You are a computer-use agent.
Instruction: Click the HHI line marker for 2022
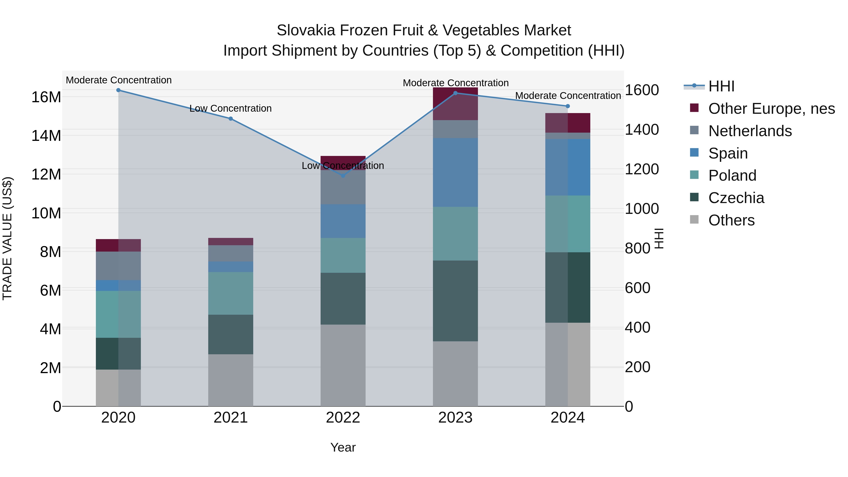(343, 175)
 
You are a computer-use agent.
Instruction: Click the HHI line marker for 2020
(118, 90)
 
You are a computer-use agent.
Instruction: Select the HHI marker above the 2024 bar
(567, 106)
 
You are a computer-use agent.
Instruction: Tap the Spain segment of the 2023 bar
(455, 172)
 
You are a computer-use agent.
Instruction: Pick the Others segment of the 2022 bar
(343, 365)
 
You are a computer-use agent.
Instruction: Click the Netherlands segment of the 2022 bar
(343, 187)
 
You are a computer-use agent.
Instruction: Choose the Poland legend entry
(732, 175)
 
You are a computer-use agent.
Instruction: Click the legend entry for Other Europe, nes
(771, 109)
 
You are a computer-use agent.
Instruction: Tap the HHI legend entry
(721, 86)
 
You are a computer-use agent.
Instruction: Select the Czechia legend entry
(736, 198)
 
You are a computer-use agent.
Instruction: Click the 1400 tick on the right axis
(642, 130)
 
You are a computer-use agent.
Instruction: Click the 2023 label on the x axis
(455, 418)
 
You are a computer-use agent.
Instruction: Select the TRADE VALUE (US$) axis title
(7, 238)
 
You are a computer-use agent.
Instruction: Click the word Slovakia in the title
(306, 30)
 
